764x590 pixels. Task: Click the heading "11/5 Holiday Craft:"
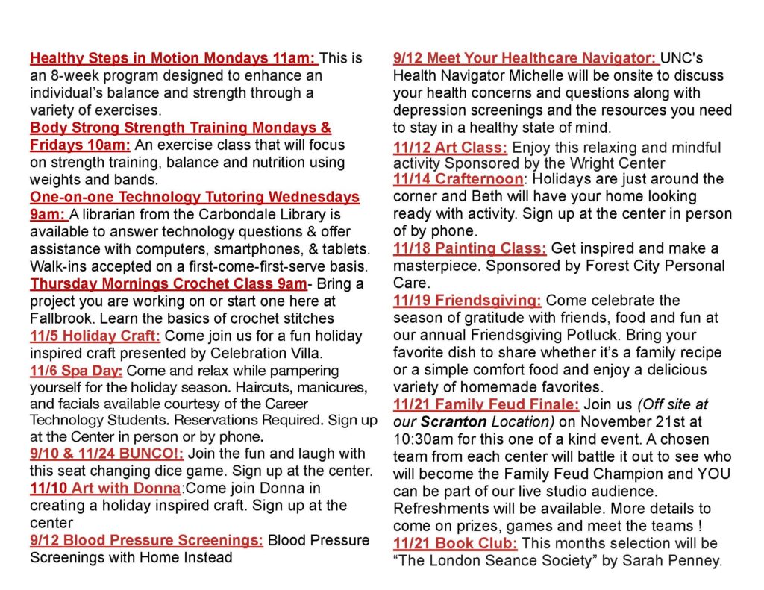[95, 336]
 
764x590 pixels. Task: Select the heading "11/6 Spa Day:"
[77, 371]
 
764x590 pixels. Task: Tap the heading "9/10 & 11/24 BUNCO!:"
[107, 454]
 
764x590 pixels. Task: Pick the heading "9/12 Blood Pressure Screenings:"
[146, 540]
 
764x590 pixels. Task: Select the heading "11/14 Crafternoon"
[458, 179]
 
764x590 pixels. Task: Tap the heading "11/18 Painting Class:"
[470, 248]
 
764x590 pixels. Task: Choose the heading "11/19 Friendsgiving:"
[467, 301]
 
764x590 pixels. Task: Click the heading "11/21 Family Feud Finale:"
[486, 404]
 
